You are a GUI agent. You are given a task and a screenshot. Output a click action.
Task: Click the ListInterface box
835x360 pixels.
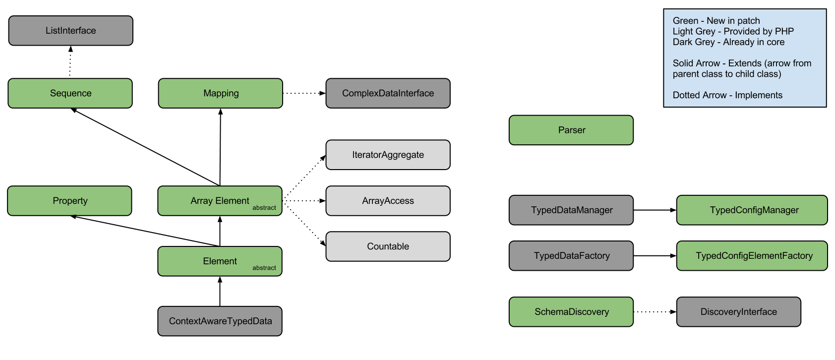coord(71,31)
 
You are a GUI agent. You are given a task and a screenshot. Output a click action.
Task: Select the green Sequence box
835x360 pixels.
coord(70,93)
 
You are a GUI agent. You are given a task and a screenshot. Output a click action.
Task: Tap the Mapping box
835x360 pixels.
coord(221,93)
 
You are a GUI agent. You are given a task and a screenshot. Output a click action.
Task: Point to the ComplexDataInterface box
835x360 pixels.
coord(388,93)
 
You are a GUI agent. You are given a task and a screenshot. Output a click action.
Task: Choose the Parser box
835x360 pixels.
coord(571,130)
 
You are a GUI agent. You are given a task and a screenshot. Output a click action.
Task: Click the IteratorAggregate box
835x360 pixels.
coord(388,155)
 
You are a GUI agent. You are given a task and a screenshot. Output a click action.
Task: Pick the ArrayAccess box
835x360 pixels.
coord(388,201)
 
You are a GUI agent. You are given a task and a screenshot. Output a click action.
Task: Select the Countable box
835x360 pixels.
coord(388,246)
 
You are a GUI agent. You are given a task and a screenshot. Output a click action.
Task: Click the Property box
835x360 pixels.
coord(70,201)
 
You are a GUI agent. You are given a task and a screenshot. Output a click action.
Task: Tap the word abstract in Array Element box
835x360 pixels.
coord(264,208)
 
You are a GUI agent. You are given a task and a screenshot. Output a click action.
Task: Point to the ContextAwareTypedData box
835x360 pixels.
coord(220,321)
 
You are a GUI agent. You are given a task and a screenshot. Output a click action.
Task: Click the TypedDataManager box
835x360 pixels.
coord(571,210)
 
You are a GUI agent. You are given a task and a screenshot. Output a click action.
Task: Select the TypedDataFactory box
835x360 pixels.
coord(571,256)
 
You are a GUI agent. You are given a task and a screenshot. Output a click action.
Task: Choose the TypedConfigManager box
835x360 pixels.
coord(754,210)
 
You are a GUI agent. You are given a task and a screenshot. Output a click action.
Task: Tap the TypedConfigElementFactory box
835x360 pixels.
coord(754,256)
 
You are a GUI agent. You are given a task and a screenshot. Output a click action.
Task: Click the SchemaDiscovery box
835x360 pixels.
coord(571,312)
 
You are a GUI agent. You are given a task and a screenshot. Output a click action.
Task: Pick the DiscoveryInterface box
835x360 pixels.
coord(738,312)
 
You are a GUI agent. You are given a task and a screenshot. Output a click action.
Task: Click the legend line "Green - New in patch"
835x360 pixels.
coord(716,21)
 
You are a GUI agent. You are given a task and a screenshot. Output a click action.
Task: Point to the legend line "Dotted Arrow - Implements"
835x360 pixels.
coord(727,95)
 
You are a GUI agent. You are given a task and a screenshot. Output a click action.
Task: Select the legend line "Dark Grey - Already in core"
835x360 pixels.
coord(728,42)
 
